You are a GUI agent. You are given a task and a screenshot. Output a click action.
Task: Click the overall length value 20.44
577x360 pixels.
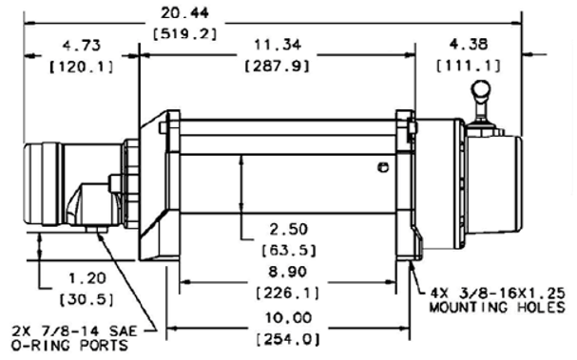(184, 13)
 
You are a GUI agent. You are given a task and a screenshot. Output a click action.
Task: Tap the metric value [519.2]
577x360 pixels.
(184, 34)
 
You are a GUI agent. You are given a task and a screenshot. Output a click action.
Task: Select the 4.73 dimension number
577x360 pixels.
(82, 46)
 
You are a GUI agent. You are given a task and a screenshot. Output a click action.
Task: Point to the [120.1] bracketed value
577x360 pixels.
(82, 66)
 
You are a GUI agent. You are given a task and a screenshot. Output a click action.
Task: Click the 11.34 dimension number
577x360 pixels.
(278, 45)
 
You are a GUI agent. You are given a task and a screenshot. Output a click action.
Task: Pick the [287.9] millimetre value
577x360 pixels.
(278, 66)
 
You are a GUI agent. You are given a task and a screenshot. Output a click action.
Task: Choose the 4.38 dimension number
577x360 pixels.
(469, 45)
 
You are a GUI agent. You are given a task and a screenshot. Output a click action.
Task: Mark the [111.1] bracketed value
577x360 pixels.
(469, 66)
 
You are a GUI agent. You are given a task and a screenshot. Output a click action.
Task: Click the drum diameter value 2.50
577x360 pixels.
(289, 230)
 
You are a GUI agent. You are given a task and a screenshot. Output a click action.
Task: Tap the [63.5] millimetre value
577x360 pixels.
(289, 251)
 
